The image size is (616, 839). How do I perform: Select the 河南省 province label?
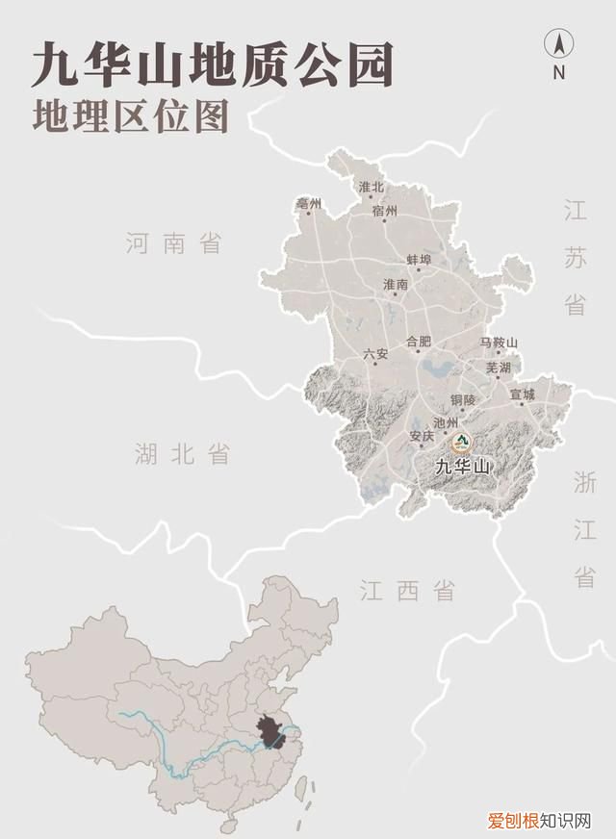173,243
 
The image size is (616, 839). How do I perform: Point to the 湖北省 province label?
183,453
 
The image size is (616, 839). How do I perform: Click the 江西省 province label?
407,590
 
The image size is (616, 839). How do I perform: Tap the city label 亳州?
309,204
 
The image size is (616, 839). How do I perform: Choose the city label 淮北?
371,187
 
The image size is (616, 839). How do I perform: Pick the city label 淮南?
396,285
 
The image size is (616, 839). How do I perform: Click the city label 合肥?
419,342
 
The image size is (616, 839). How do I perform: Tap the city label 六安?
375,354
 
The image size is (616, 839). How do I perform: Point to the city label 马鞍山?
499,343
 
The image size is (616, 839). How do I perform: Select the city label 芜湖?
498,368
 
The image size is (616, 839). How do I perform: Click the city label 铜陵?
463,399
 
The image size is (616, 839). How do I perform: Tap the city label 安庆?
422,436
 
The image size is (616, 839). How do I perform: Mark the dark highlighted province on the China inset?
276,730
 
